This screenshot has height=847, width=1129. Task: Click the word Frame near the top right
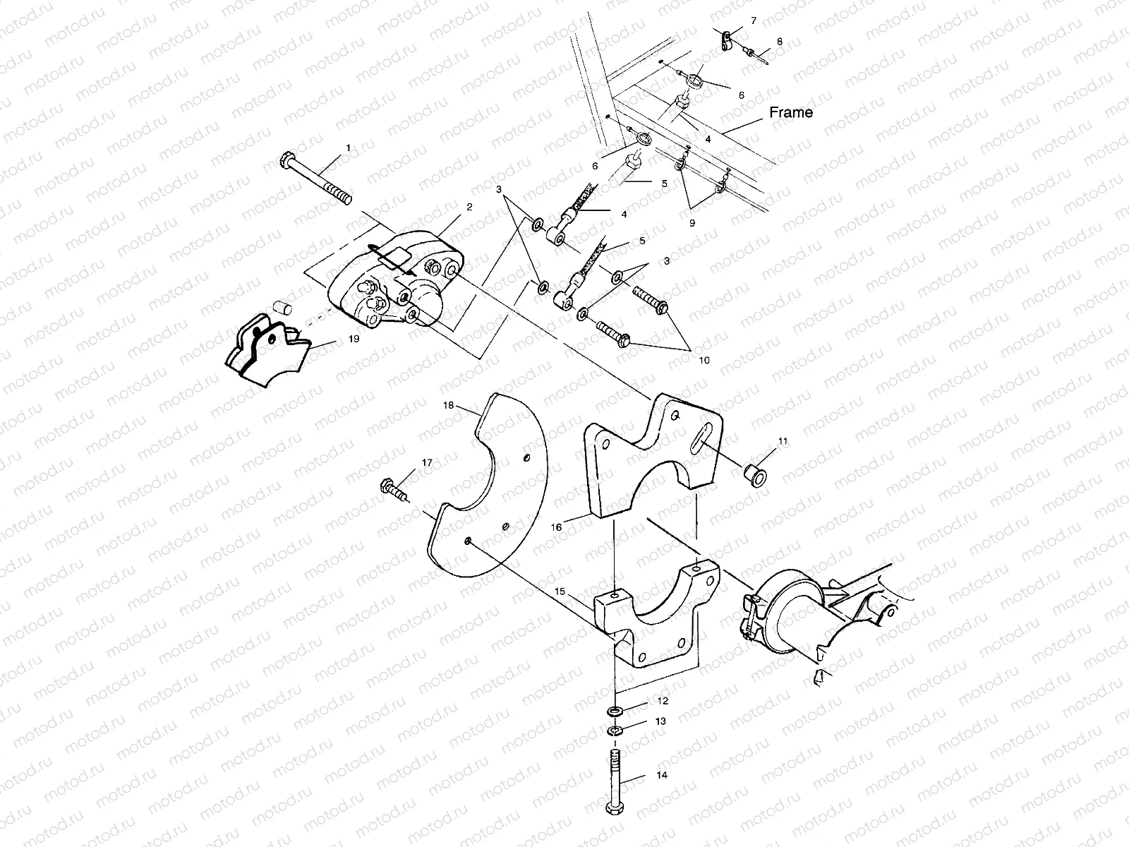tap(790, 112)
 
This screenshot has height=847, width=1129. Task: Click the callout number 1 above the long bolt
tap(347, 148)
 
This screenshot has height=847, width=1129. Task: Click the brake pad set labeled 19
tap(265, 351)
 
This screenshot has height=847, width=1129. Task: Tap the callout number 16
tap(557, 527)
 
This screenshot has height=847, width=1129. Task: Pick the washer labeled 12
tap(615, 709)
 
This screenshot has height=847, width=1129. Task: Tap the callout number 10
tap(704, 360)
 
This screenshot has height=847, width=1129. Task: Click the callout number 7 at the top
tap(754, 21)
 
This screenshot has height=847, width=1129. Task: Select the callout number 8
tap(780, 42)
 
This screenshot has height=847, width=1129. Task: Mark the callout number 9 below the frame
tap(692, 222)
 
